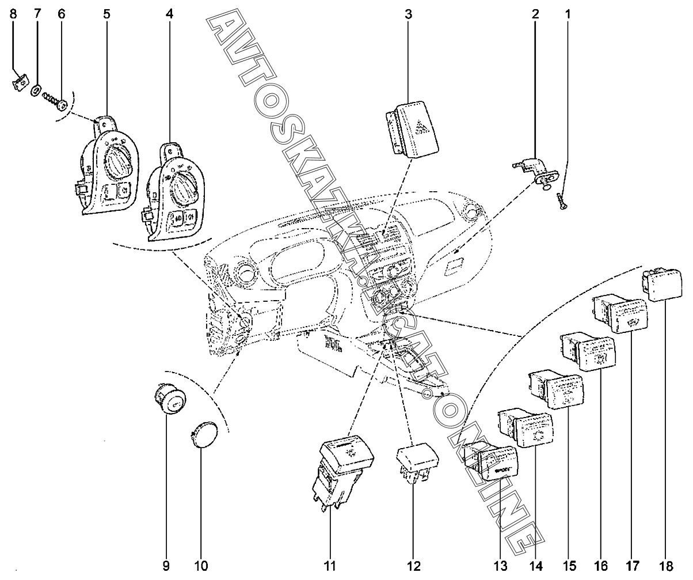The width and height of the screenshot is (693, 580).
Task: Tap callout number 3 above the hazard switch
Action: tap(408, 14)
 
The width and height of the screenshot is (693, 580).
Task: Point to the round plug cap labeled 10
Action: tap(203, 433)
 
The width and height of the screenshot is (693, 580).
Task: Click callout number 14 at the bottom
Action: tap(535, 566)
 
